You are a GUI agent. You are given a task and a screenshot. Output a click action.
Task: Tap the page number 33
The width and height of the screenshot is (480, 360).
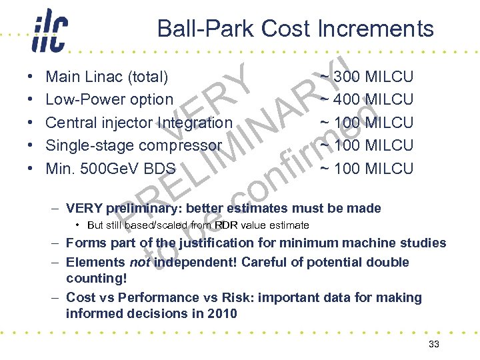(434, 344)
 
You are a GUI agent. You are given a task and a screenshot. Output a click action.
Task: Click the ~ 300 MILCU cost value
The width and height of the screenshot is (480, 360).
(367, 77)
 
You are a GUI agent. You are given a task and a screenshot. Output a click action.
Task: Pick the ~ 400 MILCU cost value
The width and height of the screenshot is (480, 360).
(367, 99)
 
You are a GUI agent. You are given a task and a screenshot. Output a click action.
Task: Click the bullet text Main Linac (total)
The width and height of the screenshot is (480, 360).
(107, 77)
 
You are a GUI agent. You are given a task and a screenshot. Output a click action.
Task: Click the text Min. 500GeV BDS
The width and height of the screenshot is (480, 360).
(110, 168)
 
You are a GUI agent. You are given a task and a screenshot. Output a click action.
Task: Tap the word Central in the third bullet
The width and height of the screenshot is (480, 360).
(67, 123)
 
